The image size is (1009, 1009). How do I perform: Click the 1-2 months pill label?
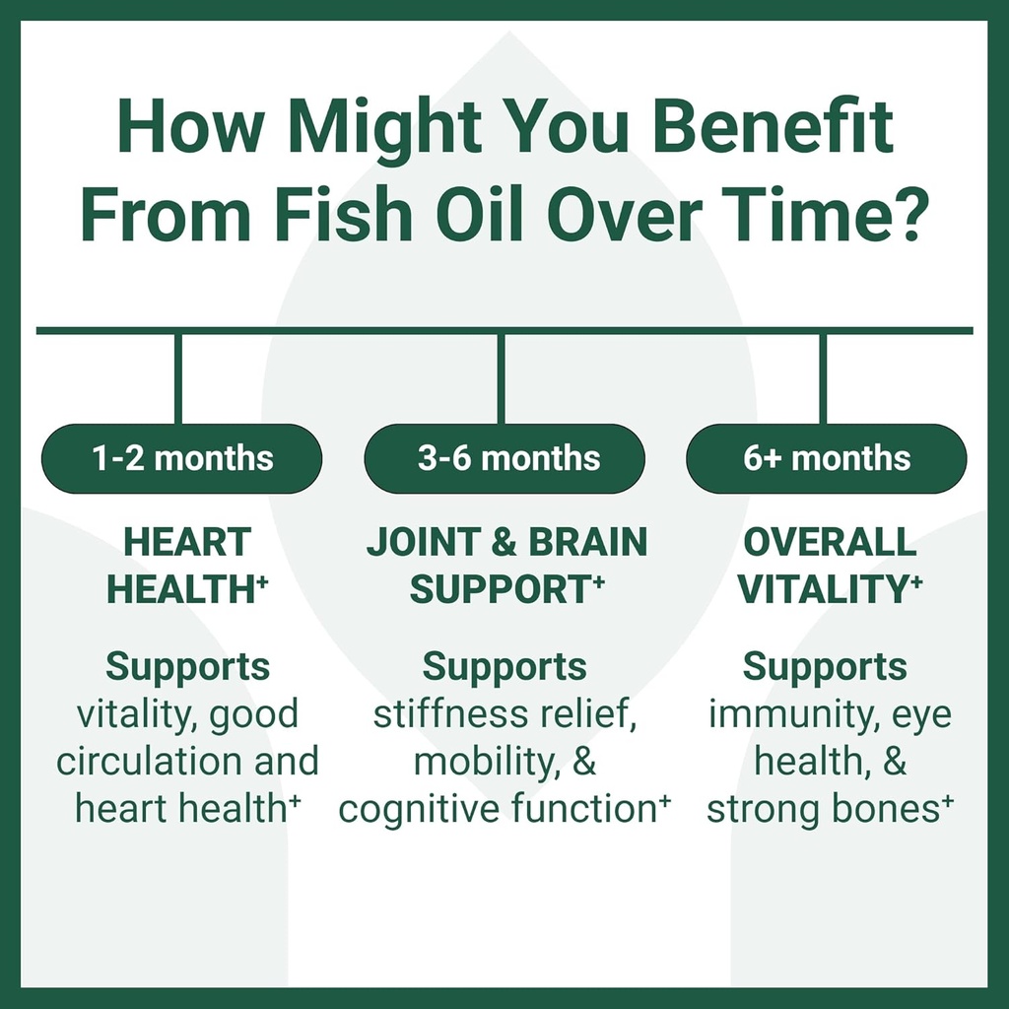pos(181,458)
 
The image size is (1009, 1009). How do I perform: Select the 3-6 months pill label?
pos(504,458)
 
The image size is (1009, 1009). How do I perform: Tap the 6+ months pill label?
pos(827,458)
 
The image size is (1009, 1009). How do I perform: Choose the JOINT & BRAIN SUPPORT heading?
pos(506,566)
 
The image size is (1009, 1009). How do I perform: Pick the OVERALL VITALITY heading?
pos(830,566)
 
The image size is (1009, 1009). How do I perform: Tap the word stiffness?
pos(437,714)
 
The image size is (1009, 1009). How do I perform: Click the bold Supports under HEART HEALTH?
pos(187,667)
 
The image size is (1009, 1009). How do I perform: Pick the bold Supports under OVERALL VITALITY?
pos(824,667)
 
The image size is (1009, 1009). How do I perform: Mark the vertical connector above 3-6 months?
pos(501,378)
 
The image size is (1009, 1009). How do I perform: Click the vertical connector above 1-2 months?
pos(178,378)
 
